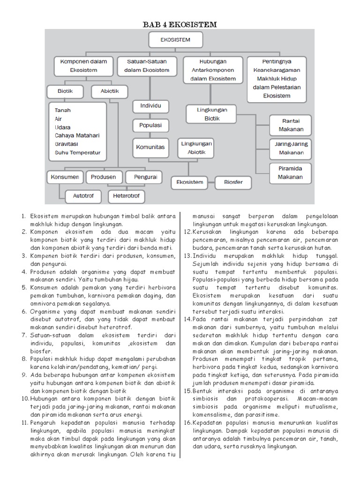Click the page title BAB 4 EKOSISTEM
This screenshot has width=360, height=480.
click(180, 24)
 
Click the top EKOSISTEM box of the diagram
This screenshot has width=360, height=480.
click(175, 40)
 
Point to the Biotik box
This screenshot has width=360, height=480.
click(65, 91)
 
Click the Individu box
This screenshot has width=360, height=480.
click(150, 105)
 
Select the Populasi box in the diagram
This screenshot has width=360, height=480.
click(150, 126)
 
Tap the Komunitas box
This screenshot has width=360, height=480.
click(150, 147)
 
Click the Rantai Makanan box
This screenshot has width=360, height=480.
click(291, 125)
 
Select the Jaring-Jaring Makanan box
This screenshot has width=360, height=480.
click(291, 148)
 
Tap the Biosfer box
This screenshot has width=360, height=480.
click(233, 182)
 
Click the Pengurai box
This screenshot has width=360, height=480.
click(145, 177)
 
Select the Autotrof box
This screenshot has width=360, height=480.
click(83, 195)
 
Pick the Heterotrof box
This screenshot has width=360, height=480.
click(127, 195)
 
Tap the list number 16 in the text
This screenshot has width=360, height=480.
click(187, 422)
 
